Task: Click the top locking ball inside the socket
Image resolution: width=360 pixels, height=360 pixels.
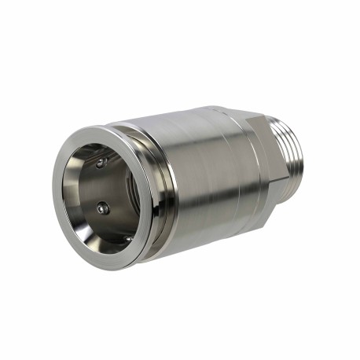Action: tap(101, 163)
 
